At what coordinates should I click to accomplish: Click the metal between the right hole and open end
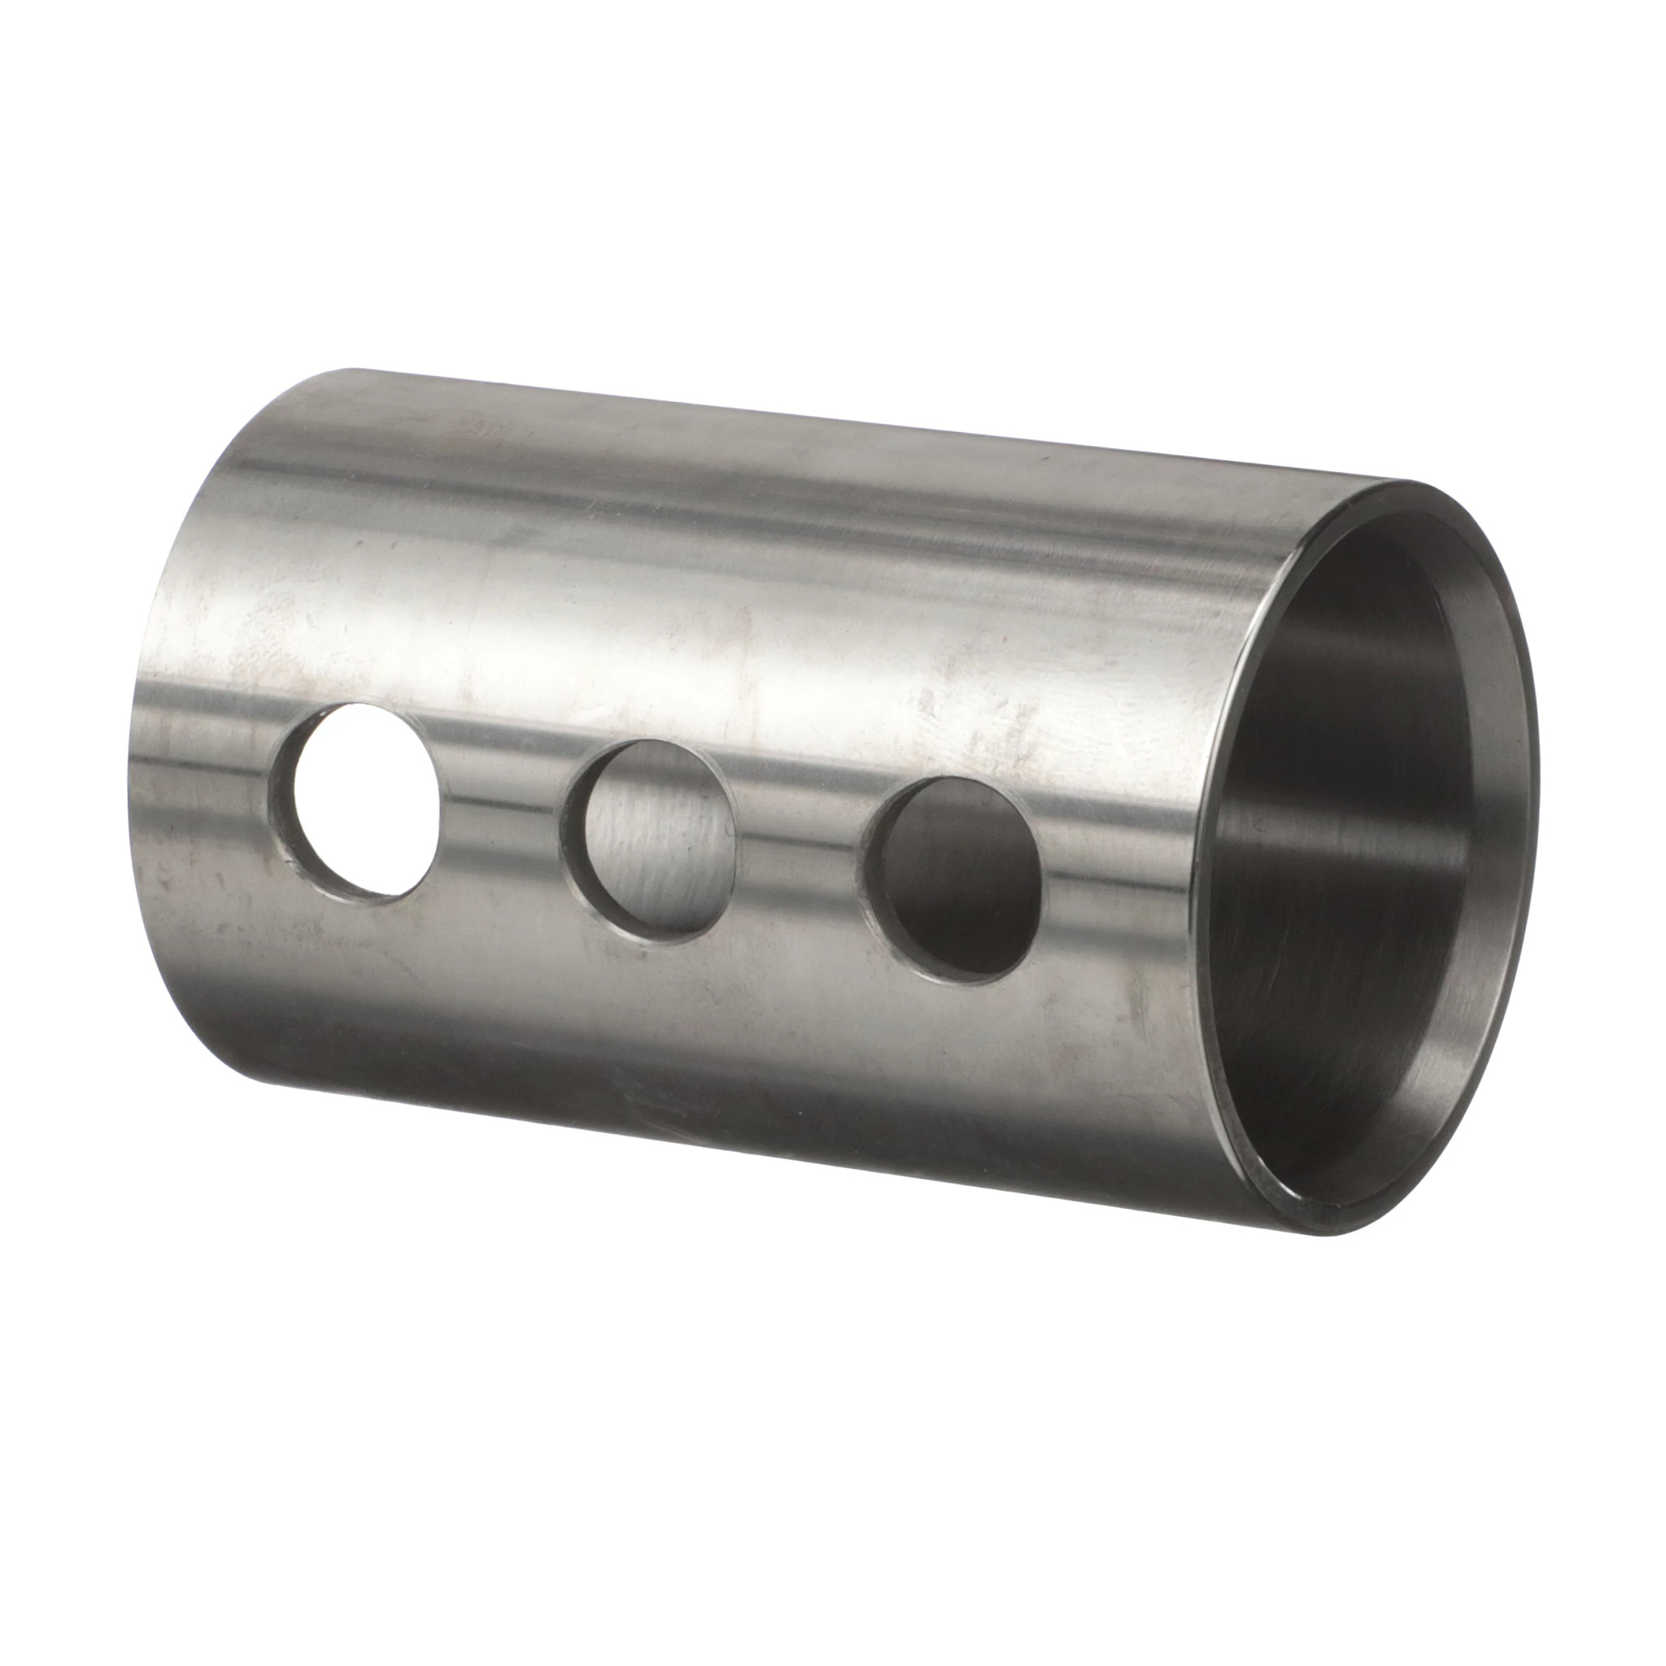pyautogui.click(x=1121, y=896)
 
